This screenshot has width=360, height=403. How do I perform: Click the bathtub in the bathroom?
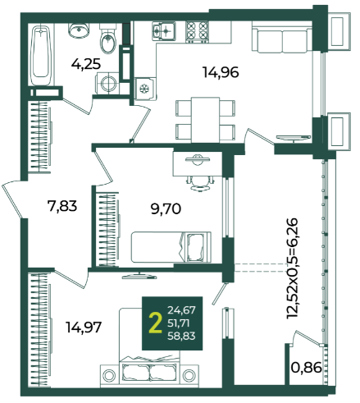coord(41,55)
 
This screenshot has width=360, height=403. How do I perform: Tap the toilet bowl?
coord(108,39)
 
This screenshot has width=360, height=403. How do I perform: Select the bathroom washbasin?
coord(79,30)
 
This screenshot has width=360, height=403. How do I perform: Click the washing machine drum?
coord(108,84)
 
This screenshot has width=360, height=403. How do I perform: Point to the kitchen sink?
coord(164,31)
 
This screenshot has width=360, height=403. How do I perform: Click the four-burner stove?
coord(197,32)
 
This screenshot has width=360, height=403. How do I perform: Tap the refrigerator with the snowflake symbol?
coord(146,89)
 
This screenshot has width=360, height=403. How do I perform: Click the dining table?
coord(205,120)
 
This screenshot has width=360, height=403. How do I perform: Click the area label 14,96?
coord(221,73)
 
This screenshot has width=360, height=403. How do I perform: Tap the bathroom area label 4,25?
coord(86,64)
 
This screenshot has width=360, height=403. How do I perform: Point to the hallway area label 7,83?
coord(62,206)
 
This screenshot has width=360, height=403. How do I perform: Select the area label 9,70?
coord(166,209)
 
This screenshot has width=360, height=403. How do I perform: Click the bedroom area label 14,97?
coord(84,327)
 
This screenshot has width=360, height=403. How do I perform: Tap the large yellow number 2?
coord(155,323)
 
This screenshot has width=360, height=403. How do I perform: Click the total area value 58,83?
coord(181,336)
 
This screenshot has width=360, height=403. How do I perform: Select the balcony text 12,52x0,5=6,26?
coord(292,268)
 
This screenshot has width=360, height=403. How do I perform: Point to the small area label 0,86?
coord(306,368)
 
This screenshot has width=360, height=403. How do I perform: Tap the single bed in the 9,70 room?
coord(171,247)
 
